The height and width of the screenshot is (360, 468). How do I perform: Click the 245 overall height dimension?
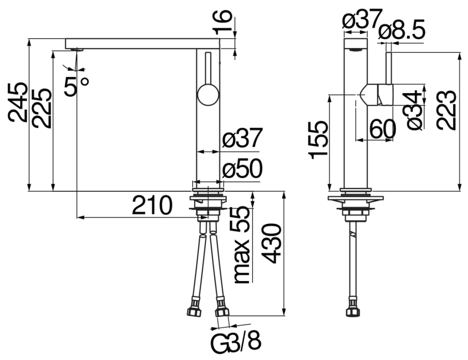click(18, 103)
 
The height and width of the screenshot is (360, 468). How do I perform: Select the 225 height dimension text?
click(41, 108)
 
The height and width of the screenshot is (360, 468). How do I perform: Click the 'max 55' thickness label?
click(242, 245)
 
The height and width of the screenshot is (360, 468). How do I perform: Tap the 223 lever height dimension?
click(446, 110)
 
